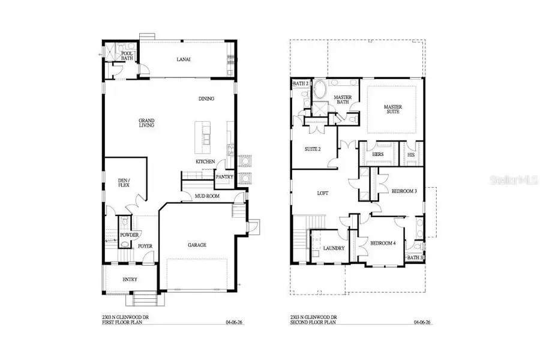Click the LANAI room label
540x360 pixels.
tap(184, 59)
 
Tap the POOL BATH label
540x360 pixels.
tap(127, 56)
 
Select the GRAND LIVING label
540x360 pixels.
tap(146, 122)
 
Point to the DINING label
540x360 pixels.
tap(206, 99)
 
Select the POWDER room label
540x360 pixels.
tap(129, 235)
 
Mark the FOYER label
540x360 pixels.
tap(145, 246)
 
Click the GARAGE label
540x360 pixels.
tap(196, 245)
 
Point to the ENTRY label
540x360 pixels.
tap(130, 279)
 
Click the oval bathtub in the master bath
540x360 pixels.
tap(319, 92)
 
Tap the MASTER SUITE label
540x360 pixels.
tap(393, 110)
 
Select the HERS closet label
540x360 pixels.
tap(377, 154)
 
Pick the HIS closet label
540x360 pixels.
tap(411, 154)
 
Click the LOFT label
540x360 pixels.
tap(323, 193)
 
